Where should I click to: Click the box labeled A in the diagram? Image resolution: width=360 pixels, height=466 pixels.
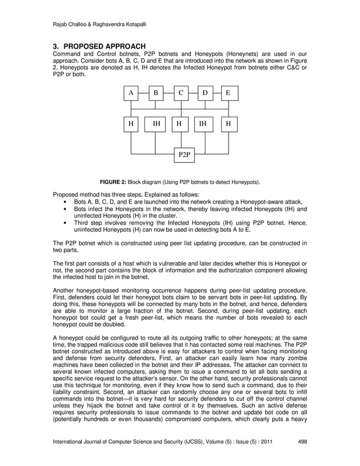tap(131, 93)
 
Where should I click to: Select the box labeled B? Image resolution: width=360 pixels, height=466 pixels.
tap(156, 93)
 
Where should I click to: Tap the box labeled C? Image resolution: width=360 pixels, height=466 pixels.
tap(181, 93)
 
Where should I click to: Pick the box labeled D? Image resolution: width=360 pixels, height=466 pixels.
tap(205, 93)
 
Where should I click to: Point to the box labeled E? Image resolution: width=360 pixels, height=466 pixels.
tap(229, 93)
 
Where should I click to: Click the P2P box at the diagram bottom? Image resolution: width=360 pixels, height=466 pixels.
tap(184, 154)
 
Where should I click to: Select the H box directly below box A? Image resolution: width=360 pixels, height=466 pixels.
tap(131, 124)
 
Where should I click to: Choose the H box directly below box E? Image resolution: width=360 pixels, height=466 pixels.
tap(229, 124)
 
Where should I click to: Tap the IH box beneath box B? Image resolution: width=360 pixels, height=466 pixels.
tap(156, 124)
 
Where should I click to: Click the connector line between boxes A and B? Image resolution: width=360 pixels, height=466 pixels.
tap(143, 93)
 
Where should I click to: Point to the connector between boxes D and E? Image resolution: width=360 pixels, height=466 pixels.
tap(217, 93)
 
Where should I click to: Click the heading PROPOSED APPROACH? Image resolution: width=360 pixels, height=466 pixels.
tap(105, 46)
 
